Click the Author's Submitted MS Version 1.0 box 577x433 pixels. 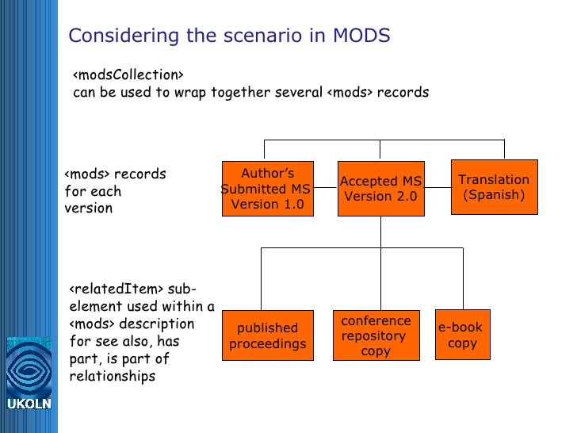(x=266, y=189)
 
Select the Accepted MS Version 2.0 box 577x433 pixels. (x=380, y=189)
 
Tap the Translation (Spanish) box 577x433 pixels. (x=494, y=187)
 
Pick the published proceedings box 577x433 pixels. (x=267, y=335)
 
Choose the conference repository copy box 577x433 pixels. (x=376, y=335)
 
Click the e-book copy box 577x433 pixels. (x=463, y=335)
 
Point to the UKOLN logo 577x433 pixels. (x=29, y=374)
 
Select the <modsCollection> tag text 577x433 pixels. (x=128, y=75)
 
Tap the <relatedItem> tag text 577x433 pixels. (x=117, y=289)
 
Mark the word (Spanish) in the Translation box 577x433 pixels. (x=494, y=195)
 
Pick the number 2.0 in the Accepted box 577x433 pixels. (x=403, y=197)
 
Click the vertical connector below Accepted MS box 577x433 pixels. (x=380, y=231)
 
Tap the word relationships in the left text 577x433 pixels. (x=113, y=376)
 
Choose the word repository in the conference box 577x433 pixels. (x=373, y=335)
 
